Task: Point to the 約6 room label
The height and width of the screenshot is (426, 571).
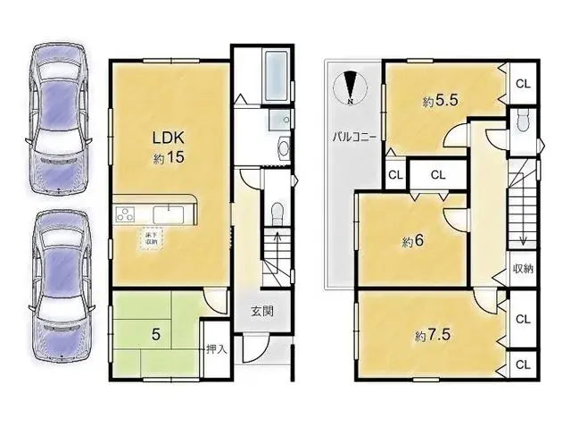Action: point(411,241)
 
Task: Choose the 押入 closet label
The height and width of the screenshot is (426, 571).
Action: point(217,347)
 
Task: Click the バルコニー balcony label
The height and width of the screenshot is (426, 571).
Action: point(354,138)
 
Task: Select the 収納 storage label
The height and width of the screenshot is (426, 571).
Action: point(524,269)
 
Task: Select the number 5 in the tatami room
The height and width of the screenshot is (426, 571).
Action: point(155,335)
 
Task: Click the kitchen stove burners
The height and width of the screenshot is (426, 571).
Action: point(124,213)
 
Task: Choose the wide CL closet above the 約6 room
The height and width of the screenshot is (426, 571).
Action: point(438,174)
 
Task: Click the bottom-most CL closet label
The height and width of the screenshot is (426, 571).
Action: point(524,364)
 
